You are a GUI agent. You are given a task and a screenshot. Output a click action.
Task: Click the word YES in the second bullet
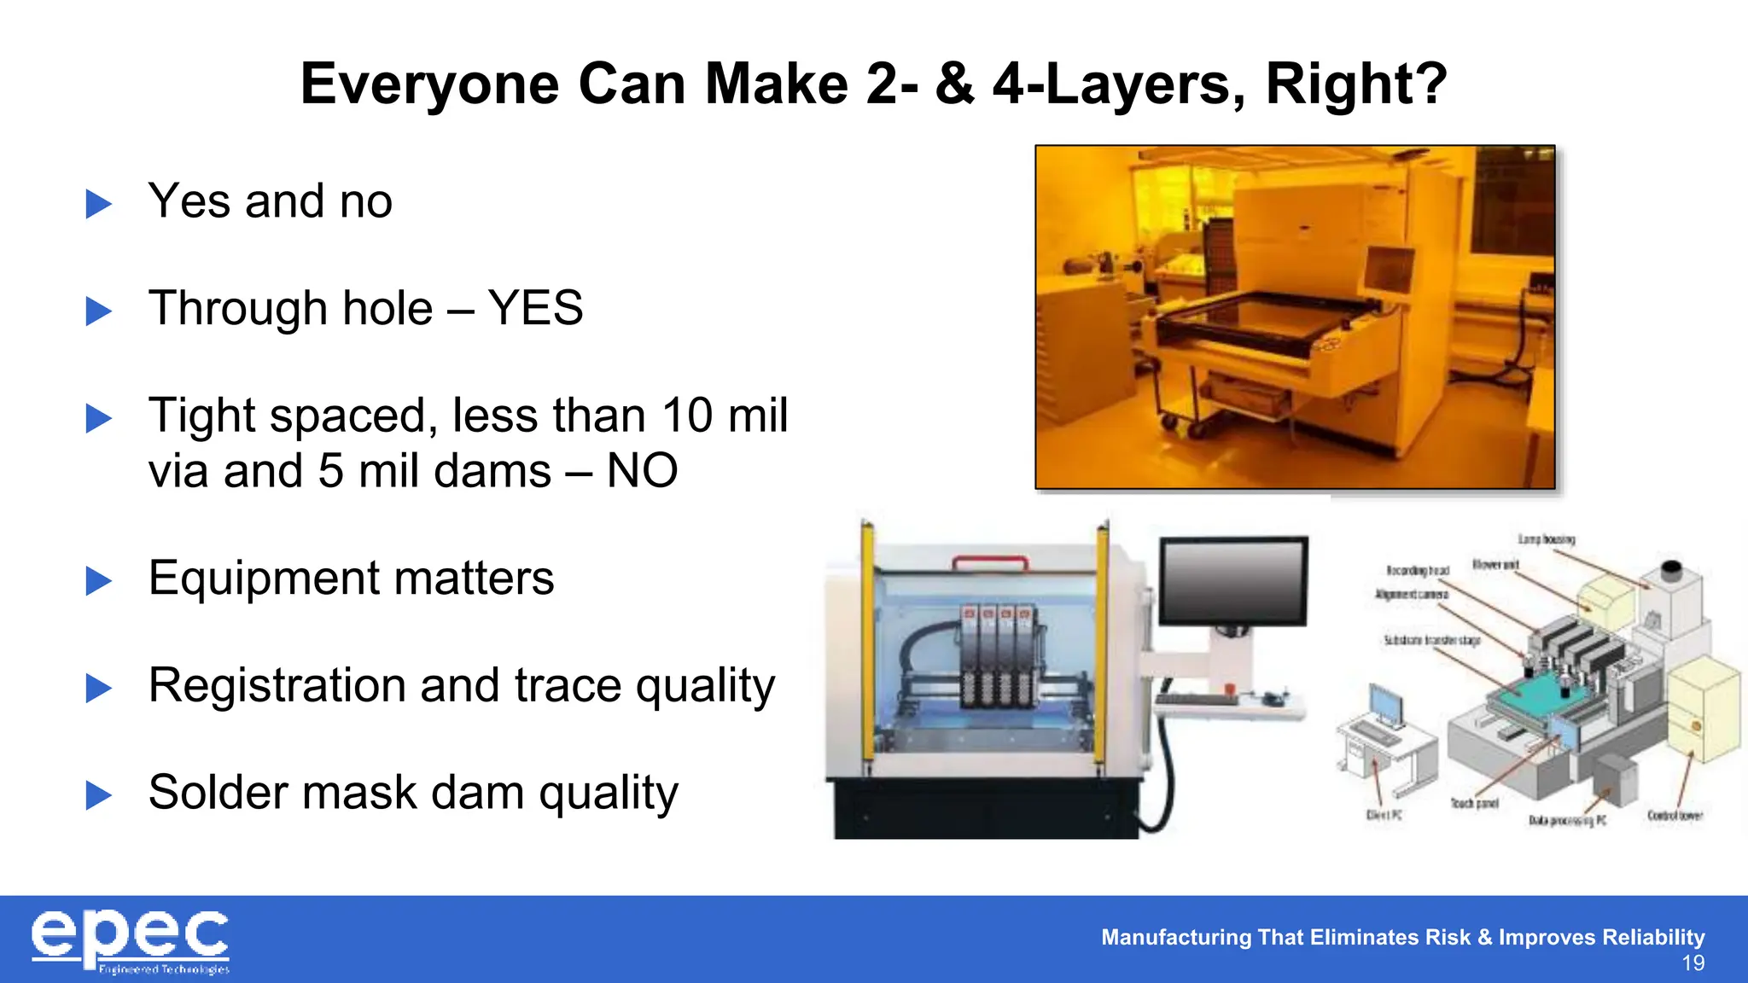[535, 308]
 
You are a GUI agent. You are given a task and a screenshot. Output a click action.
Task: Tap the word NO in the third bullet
[642, 471]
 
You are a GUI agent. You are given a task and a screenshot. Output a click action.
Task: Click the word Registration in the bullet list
[276, 685]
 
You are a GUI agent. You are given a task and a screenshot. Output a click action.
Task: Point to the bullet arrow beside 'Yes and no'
[99, 204]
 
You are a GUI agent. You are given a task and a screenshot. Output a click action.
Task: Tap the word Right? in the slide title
[1356, 84]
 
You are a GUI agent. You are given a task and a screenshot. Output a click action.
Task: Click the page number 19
[1693, 964]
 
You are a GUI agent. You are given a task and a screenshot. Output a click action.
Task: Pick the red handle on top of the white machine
[990, 562]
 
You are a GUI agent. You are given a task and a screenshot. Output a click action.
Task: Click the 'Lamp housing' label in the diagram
[1546, 539]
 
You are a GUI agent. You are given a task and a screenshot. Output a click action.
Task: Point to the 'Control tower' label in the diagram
[1675, 816]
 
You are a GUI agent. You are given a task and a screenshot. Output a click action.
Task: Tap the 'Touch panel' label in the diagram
[1474, 803]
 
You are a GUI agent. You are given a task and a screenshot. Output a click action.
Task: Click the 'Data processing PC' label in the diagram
[1567, 821]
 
